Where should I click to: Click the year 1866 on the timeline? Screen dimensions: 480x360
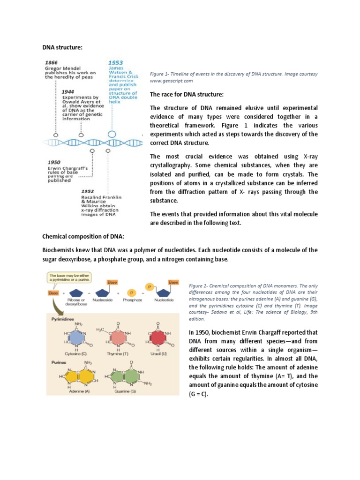click(x=52, y=62)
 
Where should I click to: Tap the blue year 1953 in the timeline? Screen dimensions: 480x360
click(x=116, y=62)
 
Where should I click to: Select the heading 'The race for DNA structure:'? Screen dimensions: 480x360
click(x=183, y=95)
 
